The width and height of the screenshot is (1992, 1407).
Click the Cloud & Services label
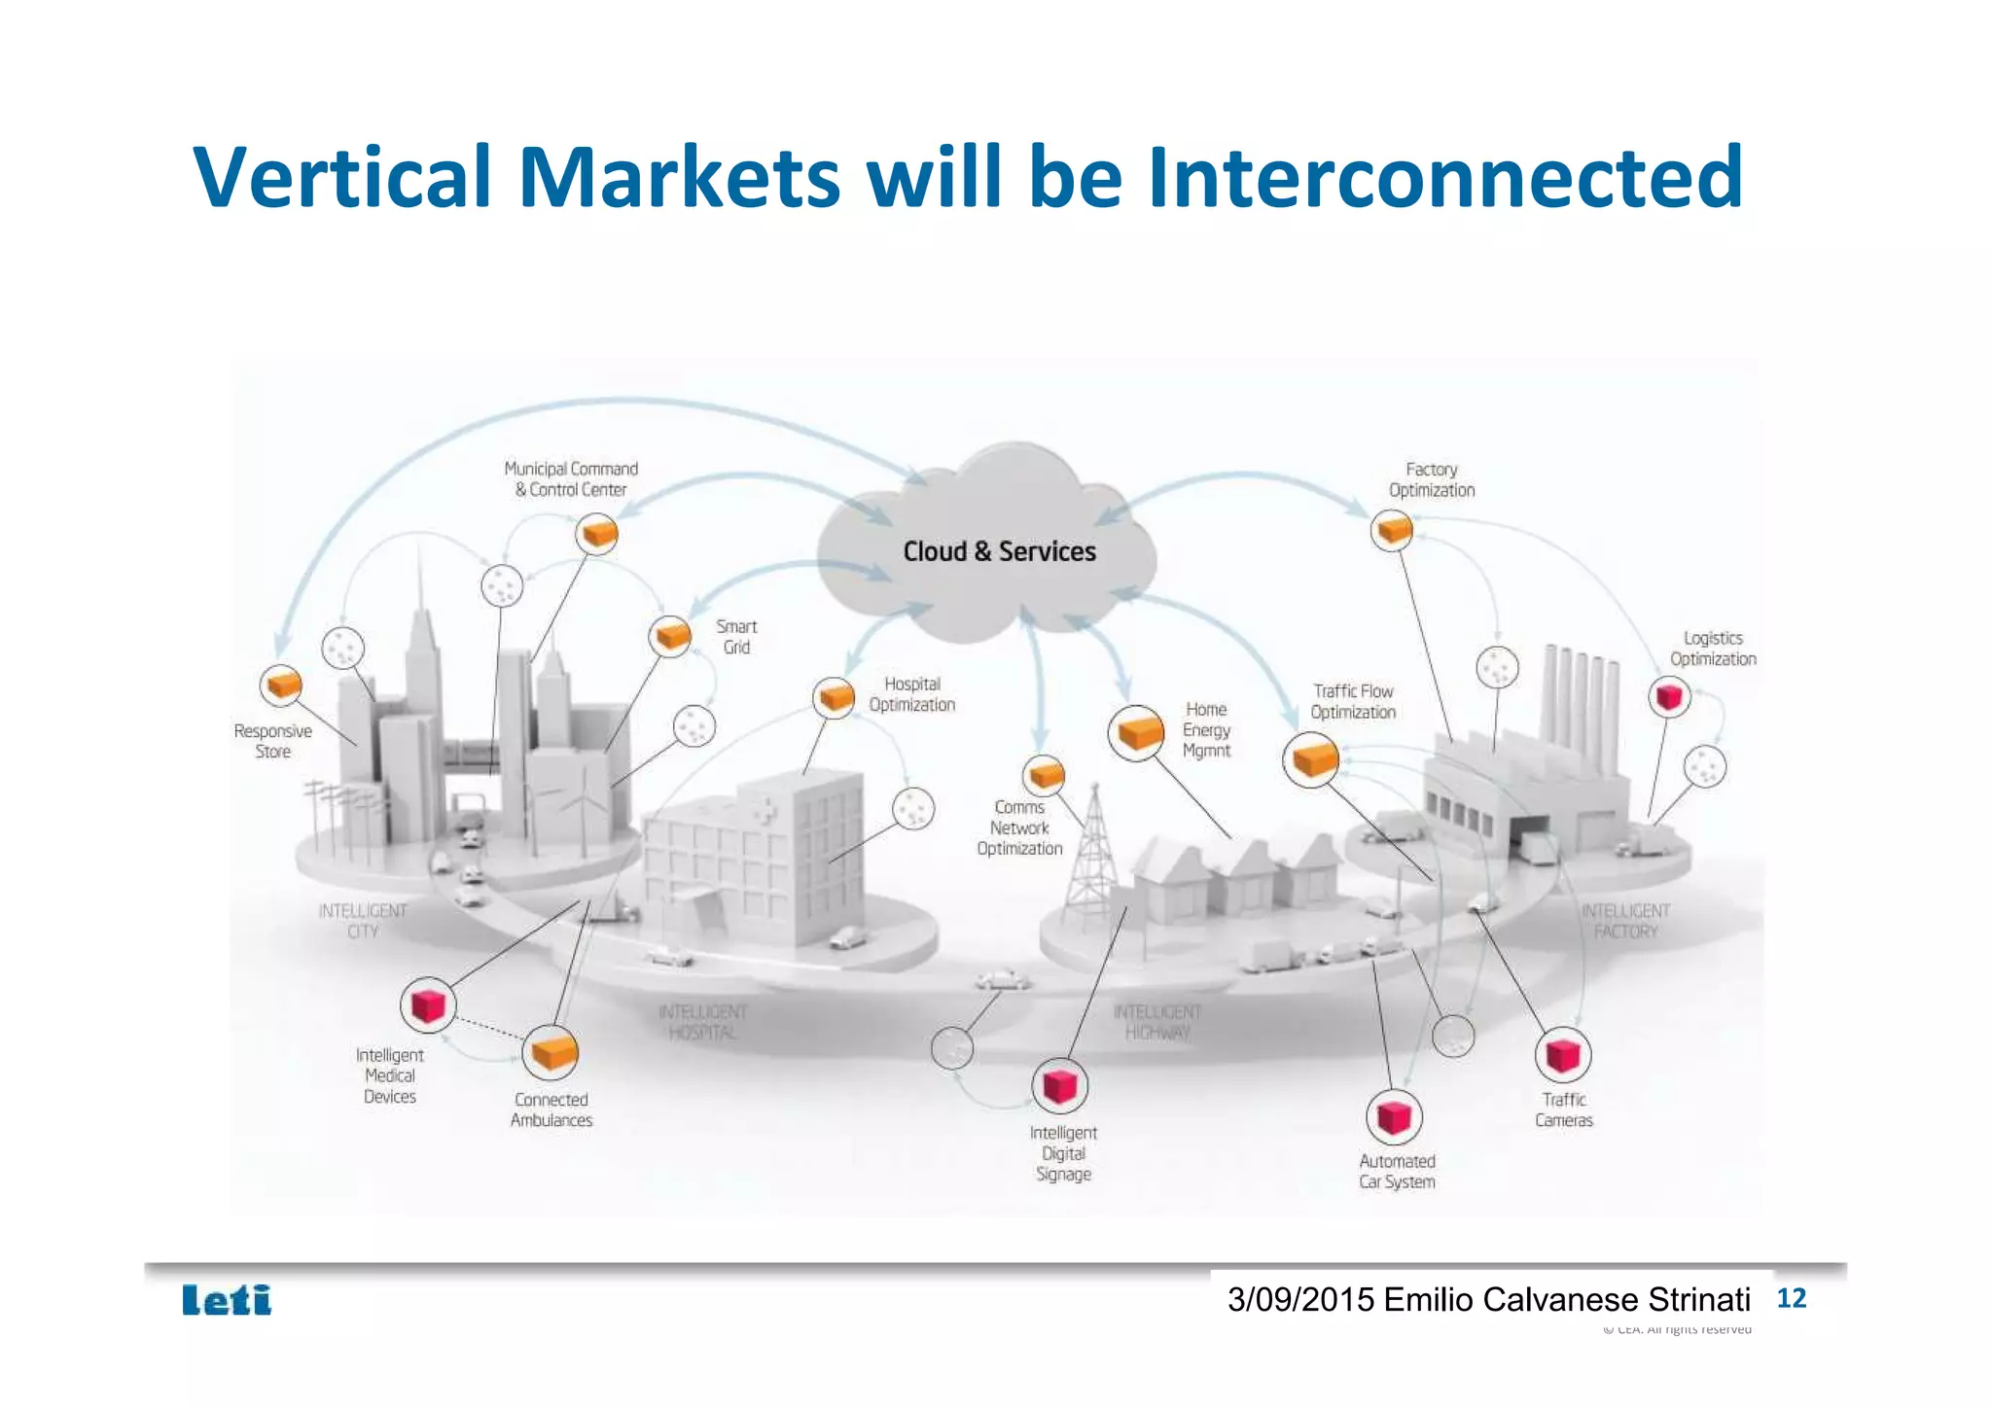999,551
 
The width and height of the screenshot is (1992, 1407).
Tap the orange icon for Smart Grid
670,637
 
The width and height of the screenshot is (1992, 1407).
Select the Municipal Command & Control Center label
571,479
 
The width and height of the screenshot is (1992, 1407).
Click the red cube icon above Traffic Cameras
1563,1055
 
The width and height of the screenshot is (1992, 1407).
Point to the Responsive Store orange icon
282,685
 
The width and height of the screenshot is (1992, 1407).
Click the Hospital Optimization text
911,694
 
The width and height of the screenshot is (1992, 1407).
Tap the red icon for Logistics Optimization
1670,696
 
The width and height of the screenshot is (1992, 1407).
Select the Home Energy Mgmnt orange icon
1136,733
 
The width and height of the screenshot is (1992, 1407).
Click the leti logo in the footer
227,1300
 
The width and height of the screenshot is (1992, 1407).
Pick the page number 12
1791,1298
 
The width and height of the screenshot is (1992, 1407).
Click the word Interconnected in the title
1444,177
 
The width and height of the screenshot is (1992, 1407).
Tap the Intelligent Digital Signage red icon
1059,1085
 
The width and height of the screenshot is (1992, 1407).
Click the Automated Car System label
1397,1172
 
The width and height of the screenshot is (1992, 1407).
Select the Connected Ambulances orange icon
551,1052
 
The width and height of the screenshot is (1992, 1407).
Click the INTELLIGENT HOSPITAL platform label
702,1022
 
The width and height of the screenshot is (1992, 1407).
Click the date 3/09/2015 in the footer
1300,1300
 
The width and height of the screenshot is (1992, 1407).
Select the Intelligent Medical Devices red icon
428,1004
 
